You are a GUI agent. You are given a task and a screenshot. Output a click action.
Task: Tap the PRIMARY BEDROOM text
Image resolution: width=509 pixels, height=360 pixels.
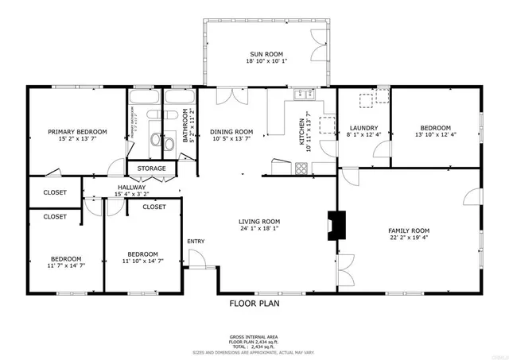(x=77, y=132)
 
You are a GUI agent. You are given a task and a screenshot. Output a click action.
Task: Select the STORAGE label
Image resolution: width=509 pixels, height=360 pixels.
(x=151, y=168)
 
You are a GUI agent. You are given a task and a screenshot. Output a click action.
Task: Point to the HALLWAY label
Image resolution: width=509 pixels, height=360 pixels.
(x=131, y=188)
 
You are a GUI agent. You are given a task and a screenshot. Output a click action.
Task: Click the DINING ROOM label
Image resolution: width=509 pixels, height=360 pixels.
(x=231, y=132)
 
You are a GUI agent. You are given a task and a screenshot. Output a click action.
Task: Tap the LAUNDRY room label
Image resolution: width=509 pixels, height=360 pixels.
(x=363, y=128)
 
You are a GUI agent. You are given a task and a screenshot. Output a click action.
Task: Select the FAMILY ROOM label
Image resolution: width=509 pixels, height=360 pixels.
(x=409, y=230)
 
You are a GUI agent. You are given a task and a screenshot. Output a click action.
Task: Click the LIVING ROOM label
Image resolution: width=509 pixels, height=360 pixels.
(x=260, y=222)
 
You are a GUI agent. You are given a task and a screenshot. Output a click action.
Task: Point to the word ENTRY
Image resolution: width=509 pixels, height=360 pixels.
(x=196, y=242)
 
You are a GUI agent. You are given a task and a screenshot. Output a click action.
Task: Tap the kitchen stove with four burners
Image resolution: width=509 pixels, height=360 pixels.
(x=302, y=168)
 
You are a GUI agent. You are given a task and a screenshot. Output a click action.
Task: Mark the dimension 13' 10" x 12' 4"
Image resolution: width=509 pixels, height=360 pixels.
(x=435, y=135)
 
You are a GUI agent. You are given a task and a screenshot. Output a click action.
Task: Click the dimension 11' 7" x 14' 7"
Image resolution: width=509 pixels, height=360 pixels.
(x=66, y=266)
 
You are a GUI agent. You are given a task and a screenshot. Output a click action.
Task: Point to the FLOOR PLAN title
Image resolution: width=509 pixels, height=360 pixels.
(x=254, y=303)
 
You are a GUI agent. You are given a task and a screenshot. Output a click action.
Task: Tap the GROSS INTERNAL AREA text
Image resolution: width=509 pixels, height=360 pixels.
(x=254, y=338)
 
